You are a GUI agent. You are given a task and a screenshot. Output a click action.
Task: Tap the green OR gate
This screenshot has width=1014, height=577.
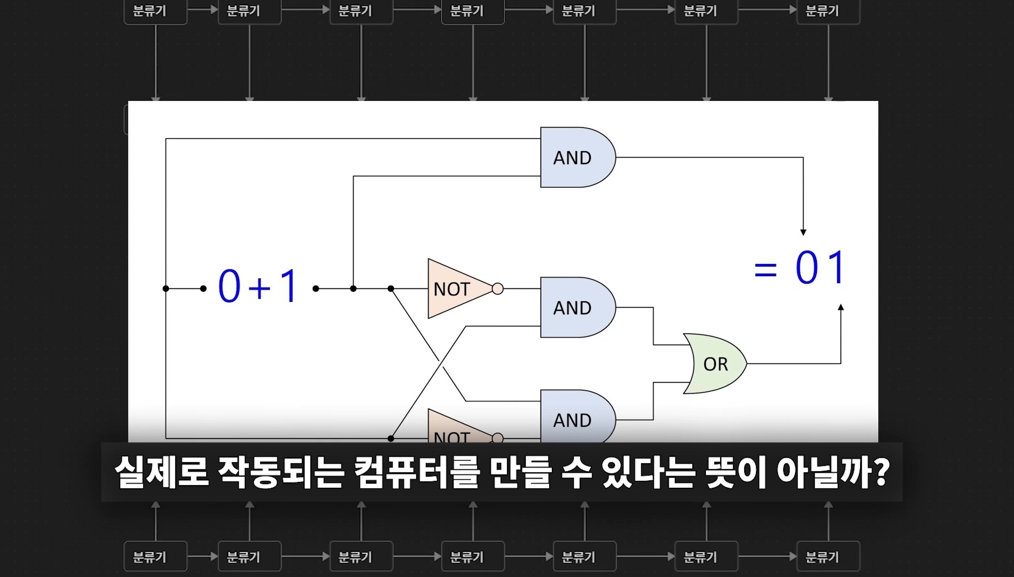click(715, 364)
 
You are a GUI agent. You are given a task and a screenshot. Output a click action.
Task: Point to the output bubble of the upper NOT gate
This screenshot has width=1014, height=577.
click(497, 289)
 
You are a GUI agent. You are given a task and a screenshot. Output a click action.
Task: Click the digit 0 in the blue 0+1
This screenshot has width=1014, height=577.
click(229, 286)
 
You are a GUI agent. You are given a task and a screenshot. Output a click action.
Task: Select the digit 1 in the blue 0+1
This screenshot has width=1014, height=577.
click(289, 286)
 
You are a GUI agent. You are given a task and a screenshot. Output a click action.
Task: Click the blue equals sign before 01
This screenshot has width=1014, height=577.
click(765, 269)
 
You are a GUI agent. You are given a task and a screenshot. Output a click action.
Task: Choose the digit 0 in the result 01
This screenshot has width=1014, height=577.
click(807, 267)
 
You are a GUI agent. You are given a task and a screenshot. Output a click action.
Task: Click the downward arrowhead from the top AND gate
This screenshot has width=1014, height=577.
click(803, 232)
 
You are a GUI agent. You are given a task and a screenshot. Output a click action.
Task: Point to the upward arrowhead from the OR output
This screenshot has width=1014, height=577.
click(841, 308)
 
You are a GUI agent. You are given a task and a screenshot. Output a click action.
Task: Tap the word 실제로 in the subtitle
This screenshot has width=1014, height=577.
click(161, 472)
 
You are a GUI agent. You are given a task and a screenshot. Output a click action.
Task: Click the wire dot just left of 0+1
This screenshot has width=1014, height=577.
click(203, 288)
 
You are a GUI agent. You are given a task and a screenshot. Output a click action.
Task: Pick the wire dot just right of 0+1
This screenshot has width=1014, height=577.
click(316, 288)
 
